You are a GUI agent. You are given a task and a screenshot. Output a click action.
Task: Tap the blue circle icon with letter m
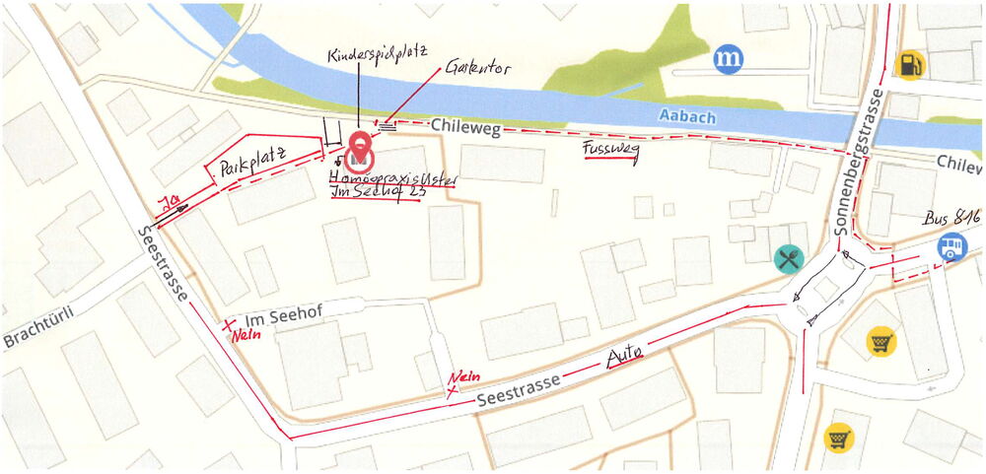729,60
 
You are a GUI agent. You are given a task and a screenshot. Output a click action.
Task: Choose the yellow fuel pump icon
909,64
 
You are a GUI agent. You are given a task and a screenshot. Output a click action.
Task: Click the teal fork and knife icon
789,259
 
